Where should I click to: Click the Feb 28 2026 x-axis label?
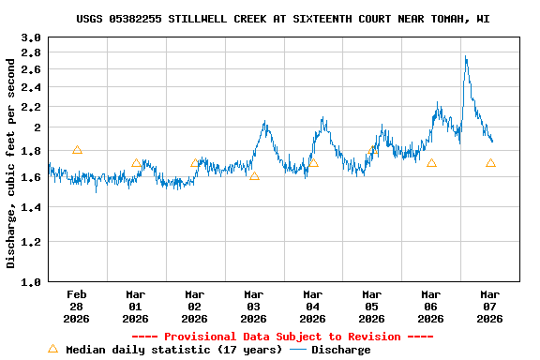click(x=77, y=306)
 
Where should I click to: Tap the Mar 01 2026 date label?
click(x=136, y=306)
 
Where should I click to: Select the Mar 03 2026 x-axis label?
click(x=254, y=306)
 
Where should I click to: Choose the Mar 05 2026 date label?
click(x=372, y=306)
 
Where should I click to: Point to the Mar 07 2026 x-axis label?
click(x=490, y=306)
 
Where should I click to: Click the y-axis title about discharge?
click(x=11, y=163)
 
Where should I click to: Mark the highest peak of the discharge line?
click(x=466, y=57)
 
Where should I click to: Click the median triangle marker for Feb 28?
click(x=77, y=150)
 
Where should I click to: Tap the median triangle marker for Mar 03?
click(x=254, y=175)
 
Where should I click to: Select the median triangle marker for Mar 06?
click(x=431, y=163)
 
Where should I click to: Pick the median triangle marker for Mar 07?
click(x=490, y=163)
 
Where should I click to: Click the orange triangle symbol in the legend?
click(x=52, y=350)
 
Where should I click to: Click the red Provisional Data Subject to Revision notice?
click(x=282, y=337)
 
